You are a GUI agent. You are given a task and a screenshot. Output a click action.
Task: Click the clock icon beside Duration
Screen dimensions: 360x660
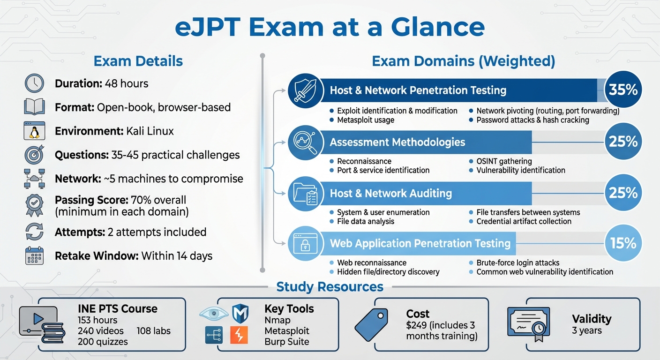(34, 83)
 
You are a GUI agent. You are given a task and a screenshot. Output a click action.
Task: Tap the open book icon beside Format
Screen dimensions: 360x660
(34, 107)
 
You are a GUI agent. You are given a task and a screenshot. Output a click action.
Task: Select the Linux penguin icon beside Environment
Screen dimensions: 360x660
(34, 131)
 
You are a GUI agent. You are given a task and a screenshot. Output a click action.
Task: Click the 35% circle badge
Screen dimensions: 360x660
(623, 90)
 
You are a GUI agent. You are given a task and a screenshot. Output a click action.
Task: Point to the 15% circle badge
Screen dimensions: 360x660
(623, 243)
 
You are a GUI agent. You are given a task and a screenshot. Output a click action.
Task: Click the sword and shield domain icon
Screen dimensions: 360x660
(305, 90)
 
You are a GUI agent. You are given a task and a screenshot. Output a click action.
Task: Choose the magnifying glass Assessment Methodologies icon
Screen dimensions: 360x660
(305, 142)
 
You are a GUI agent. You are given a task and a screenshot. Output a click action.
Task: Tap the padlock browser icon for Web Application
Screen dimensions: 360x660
(305, 243)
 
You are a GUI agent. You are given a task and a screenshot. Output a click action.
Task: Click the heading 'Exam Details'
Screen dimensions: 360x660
(138, 61)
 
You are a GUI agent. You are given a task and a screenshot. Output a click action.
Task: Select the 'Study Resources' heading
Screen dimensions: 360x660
(330, 286)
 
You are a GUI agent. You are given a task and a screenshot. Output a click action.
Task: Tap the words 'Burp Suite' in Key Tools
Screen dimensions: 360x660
(286, 342)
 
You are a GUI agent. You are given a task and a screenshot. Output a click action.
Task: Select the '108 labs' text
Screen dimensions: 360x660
(154, 331)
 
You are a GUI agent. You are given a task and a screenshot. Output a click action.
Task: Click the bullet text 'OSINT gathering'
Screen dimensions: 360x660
(504, 161)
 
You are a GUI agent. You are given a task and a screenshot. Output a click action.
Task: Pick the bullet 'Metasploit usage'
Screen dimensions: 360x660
(366, 120)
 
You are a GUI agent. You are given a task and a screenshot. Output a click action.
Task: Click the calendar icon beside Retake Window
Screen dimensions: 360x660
(34, 256)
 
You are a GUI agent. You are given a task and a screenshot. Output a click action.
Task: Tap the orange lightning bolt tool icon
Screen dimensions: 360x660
(239, 335)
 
